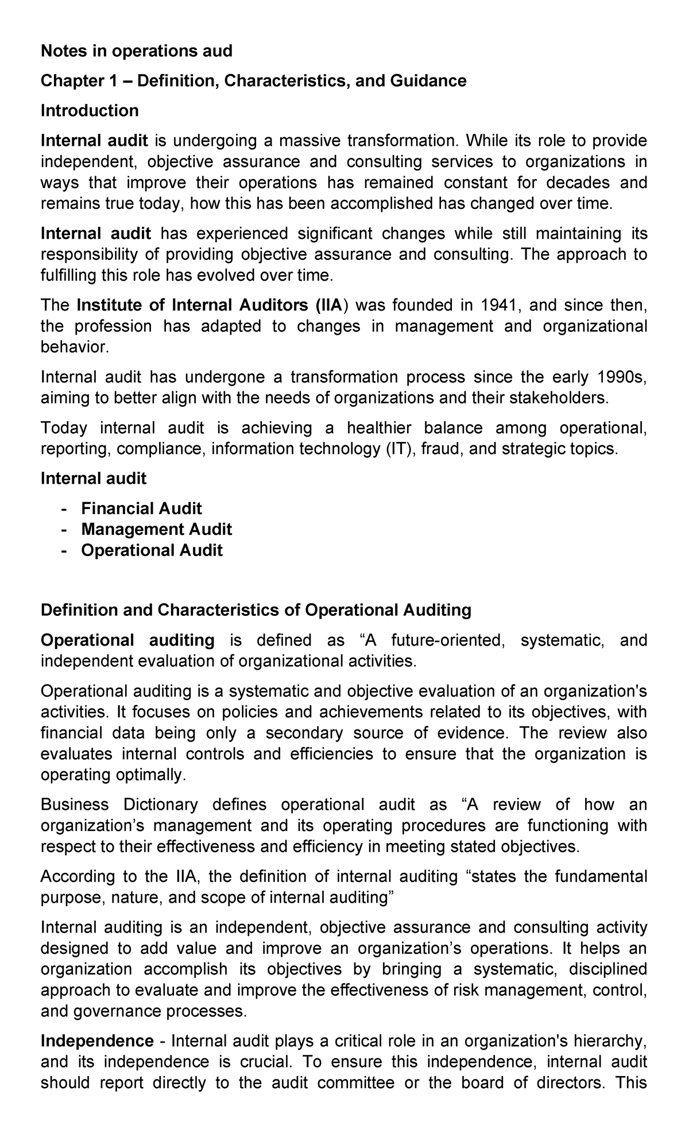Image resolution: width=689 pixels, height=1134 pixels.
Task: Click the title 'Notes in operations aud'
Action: click(x=136, y=52)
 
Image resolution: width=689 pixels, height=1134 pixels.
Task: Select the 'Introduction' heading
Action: click(x=90, y=111)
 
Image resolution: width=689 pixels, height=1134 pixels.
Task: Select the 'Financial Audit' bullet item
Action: click(x=141, y=508)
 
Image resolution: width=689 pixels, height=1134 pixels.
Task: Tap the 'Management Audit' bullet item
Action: click(x=156, y=529)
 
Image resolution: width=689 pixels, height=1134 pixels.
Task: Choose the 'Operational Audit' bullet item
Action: click(x=152, y=550)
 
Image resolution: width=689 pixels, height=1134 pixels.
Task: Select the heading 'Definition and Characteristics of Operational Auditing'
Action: click(x=256, y=610)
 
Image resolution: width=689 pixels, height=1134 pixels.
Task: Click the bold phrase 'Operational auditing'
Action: click(x=127, y=640)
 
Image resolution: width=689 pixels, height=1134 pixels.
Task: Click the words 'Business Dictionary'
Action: click(x=119, y=805)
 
